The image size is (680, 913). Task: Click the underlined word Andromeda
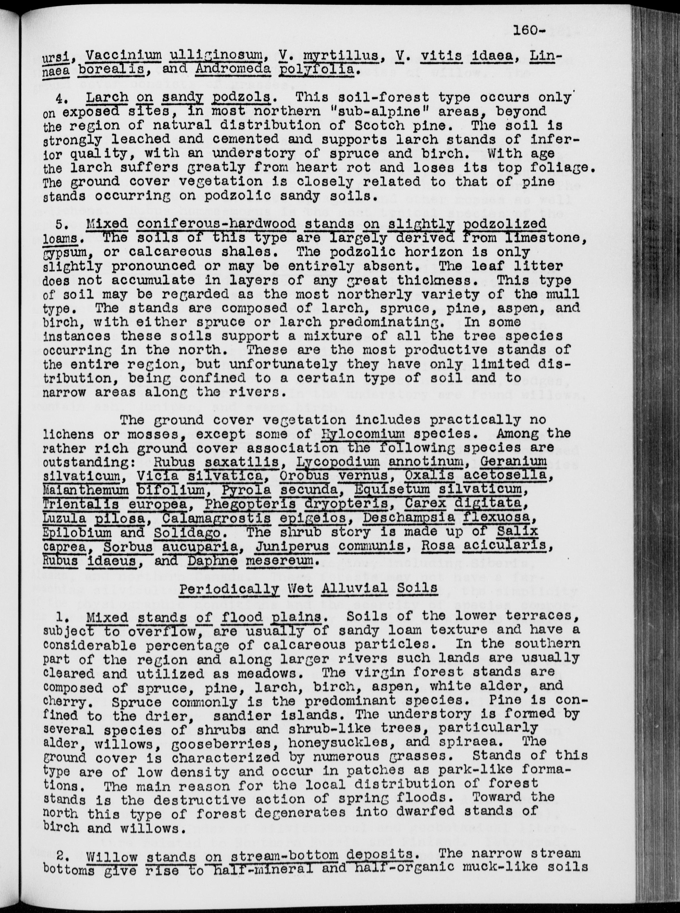pos(233,68)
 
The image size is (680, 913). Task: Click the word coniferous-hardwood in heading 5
pos(216,224)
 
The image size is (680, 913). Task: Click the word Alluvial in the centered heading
pos(355,588)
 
